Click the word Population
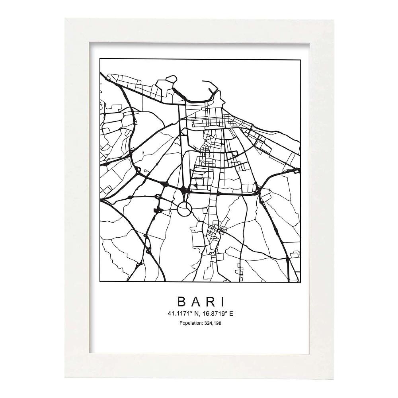tap(189, 323)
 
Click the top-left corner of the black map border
tap(100, 59)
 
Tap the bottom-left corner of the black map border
tap(100, 282)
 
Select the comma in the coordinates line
tap(198, 315)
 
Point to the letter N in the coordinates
tap(195, 313)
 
